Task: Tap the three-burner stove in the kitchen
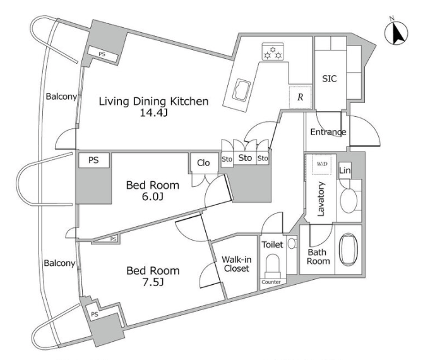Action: tap(273, 51)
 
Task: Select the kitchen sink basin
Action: tap(241, 90)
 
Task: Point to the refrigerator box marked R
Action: tap(301, 97)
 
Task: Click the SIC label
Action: tap(330, 78)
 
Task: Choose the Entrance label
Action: tap(328, 132)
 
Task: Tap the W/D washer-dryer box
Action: tap(322, 164)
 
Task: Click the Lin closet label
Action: tap(345, 171)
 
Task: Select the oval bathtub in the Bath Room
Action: tap(349, 249)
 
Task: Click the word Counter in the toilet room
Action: tap(271, 282)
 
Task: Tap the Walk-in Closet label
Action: tap(237, 264)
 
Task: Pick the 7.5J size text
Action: tap(153, 282)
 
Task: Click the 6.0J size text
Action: tap(153, 196)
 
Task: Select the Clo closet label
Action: tap(203, 163)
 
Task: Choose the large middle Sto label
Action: tap(245, 158)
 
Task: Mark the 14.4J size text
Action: tap(153, 113)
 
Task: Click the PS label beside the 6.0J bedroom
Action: tap(93, 160)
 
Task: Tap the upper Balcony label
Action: tap(61, 97)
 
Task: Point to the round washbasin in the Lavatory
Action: tap(349, 200)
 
